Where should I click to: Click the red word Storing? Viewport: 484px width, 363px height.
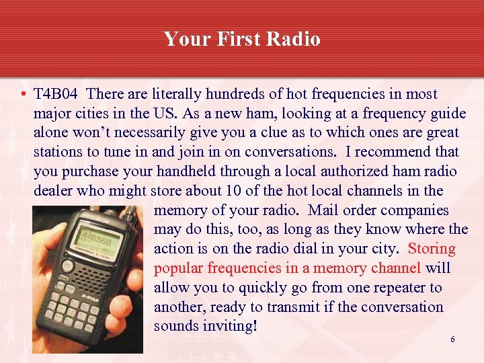[432, 249]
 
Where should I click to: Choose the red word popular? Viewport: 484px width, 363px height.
[178, 269]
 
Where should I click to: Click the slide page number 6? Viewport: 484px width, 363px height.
[452, 339]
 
